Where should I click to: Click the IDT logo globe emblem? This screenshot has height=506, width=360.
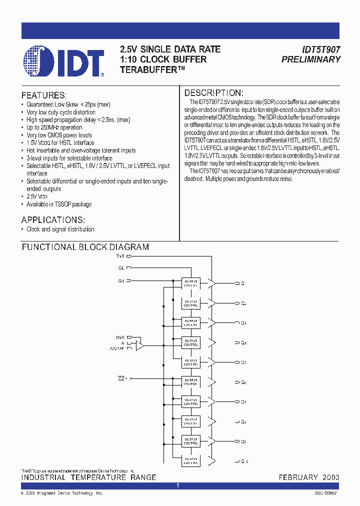point(37,61)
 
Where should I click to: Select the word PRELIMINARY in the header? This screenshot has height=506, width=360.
point(311,59)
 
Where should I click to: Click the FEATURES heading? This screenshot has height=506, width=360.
point(43,95)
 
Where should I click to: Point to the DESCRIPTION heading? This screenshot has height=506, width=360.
point(214,93)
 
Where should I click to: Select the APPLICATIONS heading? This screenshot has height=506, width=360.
point(53,220)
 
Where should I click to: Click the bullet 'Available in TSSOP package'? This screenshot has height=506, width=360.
point(59,204)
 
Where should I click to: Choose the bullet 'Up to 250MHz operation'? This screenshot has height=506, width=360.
point(54,127)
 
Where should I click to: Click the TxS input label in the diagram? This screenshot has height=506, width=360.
point(120,255)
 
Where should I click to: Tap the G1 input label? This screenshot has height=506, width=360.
point(121,281)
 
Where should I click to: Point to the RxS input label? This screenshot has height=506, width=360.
point(120,337)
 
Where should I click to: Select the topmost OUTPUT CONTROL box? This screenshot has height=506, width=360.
point(190,283)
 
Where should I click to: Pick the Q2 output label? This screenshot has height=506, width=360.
point(243,303)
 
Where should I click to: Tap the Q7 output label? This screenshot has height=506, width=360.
point(243,402)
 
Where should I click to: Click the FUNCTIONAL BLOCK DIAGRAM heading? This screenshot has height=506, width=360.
point(85,247)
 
